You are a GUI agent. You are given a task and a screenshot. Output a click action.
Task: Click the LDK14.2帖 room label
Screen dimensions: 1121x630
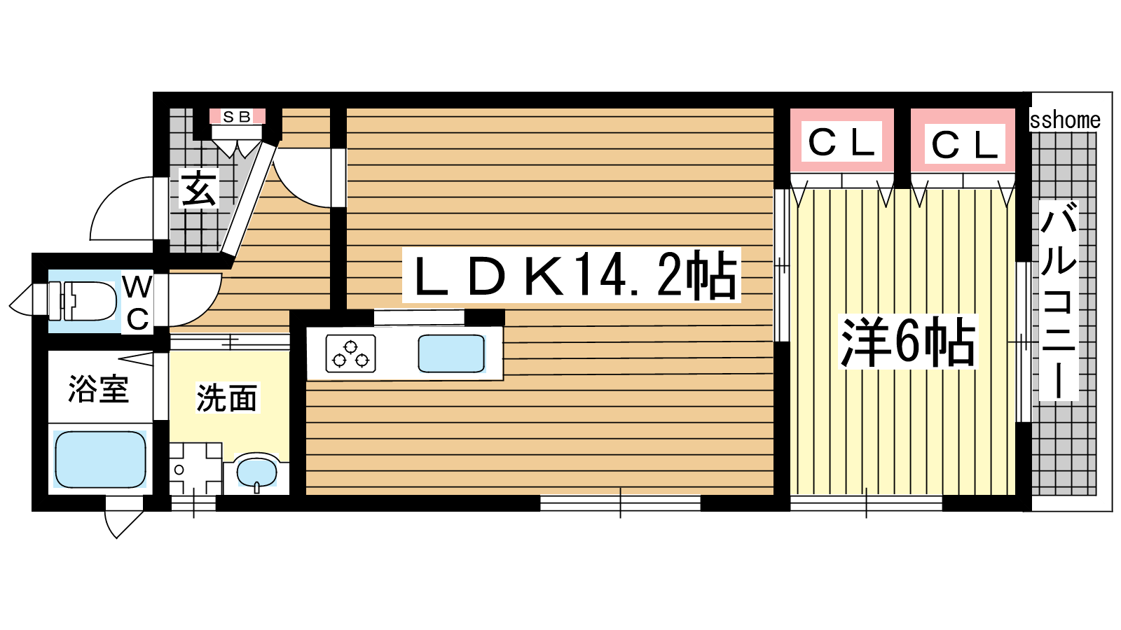[572, 276]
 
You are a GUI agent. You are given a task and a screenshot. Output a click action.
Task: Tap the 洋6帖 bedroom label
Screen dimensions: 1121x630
[908, 342]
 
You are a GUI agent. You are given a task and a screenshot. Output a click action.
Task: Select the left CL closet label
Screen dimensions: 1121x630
[841, 143]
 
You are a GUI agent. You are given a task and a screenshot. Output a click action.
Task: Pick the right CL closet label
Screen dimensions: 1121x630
[964, 144]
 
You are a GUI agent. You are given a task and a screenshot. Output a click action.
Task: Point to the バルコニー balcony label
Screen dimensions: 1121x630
[1059, 300]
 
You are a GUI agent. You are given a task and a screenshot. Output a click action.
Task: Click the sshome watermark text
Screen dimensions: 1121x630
[1066, 120]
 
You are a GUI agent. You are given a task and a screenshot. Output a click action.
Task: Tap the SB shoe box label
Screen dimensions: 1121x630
[238, 116]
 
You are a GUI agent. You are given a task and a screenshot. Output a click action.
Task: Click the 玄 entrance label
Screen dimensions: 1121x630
[199, 188]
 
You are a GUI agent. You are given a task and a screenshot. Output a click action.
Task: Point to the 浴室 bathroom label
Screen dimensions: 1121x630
[99, 389]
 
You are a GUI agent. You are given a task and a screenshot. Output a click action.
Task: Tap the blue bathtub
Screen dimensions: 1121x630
[101, 459]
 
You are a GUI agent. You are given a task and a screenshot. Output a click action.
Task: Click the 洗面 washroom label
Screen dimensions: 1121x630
[227, 398]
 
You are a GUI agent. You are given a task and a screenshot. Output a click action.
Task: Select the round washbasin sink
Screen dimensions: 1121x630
[256, 472]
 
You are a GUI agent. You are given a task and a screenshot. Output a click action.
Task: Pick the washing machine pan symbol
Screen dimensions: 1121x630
[195, 469]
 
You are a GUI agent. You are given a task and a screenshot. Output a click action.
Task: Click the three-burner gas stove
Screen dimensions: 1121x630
[350, 353]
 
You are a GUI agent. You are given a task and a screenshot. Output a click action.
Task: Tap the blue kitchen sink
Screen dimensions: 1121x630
[451, 353]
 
